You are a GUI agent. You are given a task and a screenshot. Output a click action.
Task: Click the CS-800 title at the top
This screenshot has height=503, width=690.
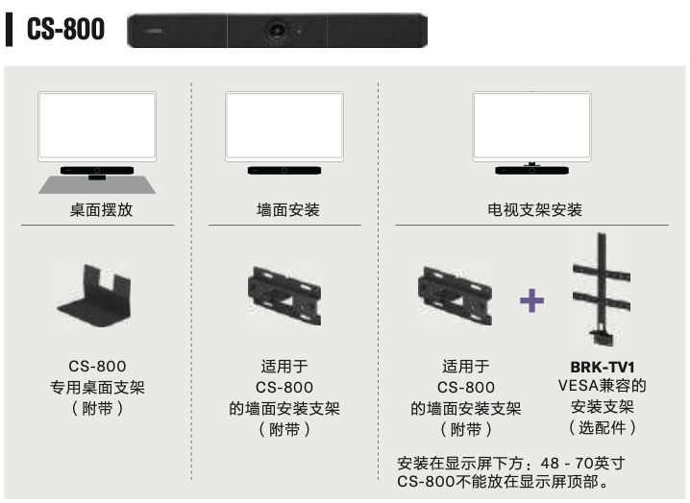pos(65,29)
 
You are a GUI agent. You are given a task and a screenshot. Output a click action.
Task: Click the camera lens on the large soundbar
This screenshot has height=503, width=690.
pos(277,31)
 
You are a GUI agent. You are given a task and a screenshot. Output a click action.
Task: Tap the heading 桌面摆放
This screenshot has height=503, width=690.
pos(101,209)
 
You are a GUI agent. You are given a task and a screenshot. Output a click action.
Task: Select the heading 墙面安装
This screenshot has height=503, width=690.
pos(288,209)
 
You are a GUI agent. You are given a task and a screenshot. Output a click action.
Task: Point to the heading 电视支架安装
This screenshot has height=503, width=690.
pos(534,209)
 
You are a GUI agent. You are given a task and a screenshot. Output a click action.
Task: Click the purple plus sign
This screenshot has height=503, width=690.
pos(531,300)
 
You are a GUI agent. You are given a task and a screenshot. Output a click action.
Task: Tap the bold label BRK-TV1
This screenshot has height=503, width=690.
pos(603,367)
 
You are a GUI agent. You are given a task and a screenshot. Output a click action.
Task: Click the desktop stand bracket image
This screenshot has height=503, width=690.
pos(94,296)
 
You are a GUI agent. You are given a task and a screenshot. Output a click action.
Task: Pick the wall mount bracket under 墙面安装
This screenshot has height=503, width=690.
pos(284,296)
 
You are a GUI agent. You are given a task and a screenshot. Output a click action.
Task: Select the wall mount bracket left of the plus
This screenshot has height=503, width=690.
pos(455,296)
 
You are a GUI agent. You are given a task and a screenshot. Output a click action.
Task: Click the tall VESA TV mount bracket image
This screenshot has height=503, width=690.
pos(602,289)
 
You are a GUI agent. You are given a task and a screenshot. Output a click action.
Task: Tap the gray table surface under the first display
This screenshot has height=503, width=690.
pos(97,185)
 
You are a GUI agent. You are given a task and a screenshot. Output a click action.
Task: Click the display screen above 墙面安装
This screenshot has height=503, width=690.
pos(284,127)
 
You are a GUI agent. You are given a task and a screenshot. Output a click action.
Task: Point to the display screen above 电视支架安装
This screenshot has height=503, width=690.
pos(532,127)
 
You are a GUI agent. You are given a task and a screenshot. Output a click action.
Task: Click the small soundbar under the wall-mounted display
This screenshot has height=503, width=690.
pos(284,171)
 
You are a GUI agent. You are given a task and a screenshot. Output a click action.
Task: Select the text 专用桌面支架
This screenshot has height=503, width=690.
pos(97,388)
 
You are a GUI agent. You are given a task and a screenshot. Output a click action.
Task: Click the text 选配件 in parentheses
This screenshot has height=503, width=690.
pos(603,427)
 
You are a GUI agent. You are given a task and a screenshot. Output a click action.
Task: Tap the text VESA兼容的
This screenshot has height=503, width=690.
pos(603,386)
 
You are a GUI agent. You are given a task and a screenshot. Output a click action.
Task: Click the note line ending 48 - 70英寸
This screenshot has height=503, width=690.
pos(511,463)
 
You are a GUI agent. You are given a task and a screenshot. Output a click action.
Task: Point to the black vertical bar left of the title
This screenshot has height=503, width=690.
pos(9,30)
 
